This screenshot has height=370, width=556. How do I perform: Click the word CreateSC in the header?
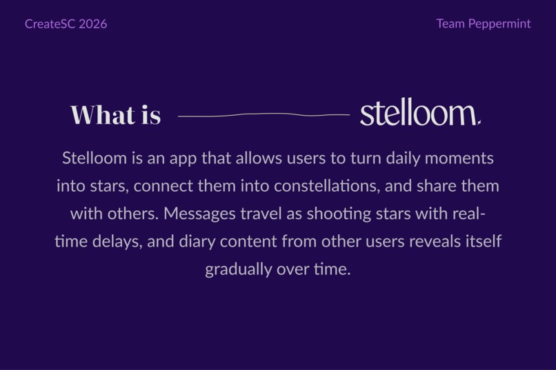pyautogui.click(x=50, y=24)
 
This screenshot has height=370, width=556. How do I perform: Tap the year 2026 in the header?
pyautogui.click(x=92, y=24)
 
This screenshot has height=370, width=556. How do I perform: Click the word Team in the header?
pyautogui.click(x=450, y=24)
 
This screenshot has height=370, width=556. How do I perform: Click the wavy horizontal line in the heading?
pyautogui.click(x=264, y=115)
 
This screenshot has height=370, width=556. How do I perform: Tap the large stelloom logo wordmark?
pyautogui.click(x=419, y=114)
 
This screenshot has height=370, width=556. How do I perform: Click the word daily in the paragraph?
pyautogui.click(x=402, y=158)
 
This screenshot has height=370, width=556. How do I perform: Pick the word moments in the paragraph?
pyautogui.click(x=459, y=158)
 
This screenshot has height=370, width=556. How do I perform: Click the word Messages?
pyautogui.click(x=199, y=214)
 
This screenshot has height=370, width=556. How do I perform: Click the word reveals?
pyautogui.click(x=436, y=241)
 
